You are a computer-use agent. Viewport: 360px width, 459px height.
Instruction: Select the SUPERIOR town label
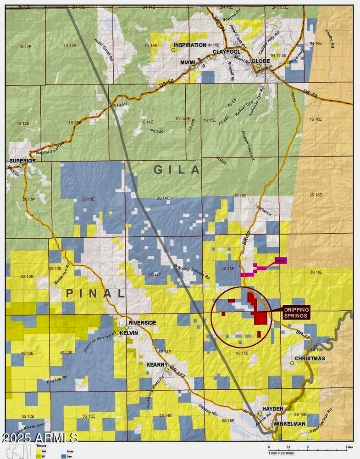(x=22, y=161)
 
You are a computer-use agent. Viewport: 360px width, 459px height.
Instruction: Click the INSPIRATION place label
(x=189, y=45)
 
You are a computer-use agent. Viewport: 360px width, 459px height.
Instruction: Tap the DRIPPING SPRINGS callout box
(x=296, y=312)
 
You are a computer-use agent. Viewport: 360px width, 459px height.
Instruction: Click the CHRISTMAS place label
(x=310, y=358)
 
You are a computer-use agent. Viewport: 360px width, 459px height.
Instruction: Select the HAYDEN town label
(x=273, y=409)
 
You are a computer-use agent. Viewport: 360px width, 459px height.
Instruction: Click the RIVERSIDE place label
(x=143, y=323)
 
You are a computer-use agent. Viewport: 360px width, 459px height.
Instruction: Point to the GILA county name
(x=177, y=170)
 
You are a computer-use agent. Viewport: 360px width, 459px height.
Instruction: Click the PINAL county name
(x=95, y=293)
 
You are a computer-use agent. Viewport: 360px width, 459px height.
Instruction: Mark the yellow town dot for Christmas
(x=292, y=363)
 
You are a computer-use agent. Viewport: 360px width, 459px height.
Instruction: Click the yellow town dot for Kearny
(x=166, y=369)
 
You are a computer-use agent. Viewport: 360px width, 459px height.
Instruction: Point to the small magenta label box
(x=281, y=260)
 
